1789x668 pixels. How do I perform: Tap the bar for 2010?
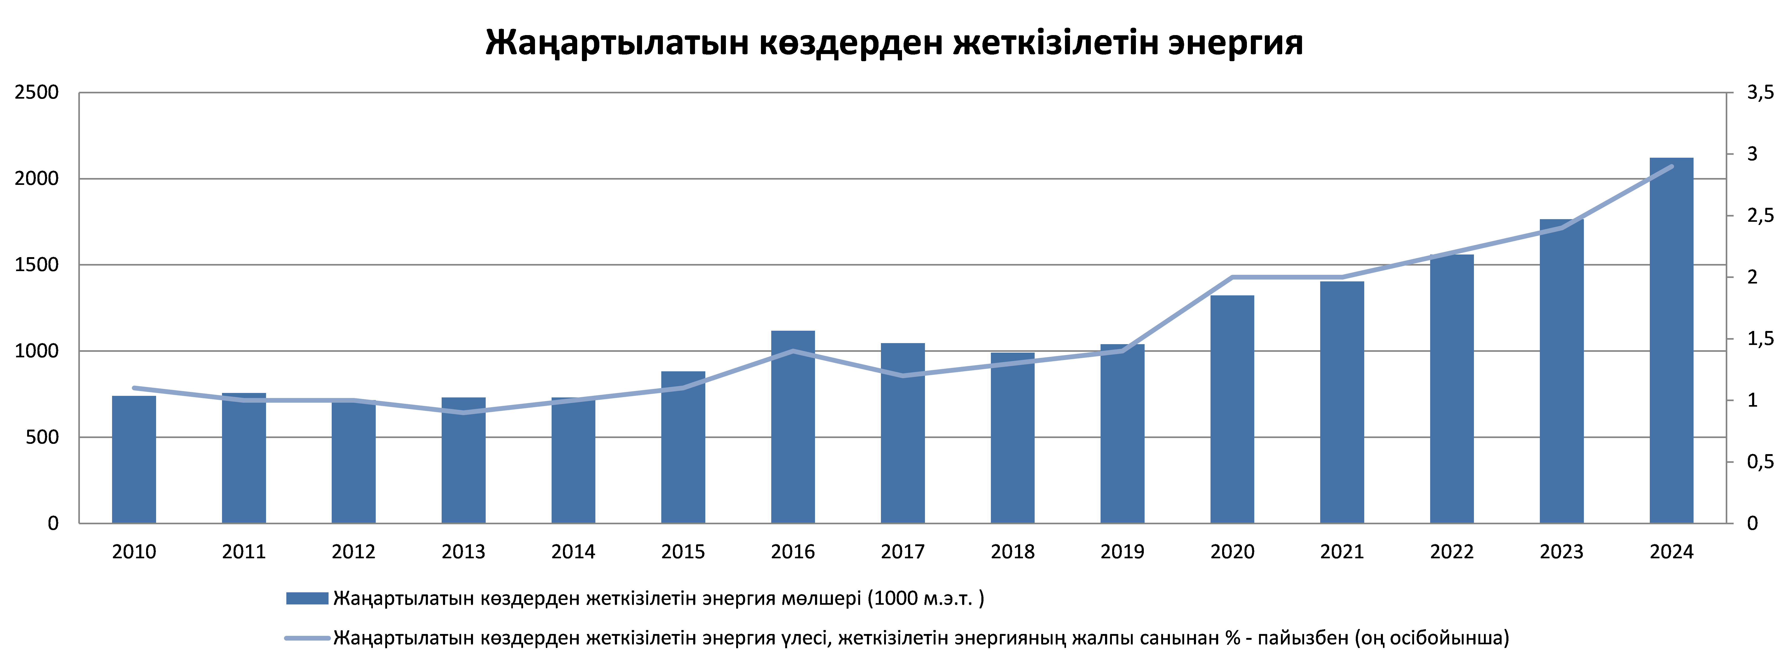[x=134, y=460]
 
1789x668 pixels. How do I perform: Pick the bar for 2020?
[x=1232, y=410]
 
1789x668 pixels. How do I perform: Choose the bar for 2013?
[x=463, y=460]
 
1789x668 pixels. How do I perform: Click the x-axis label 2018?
[x=1012, y=552]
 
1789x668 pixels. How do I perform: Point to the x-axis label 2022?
[x=1452, y=552]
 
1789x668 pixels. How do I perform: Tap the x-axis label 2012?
[x=354, y=552]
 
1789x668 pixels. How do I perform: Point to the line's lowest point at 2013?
[x=463, y=412]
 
